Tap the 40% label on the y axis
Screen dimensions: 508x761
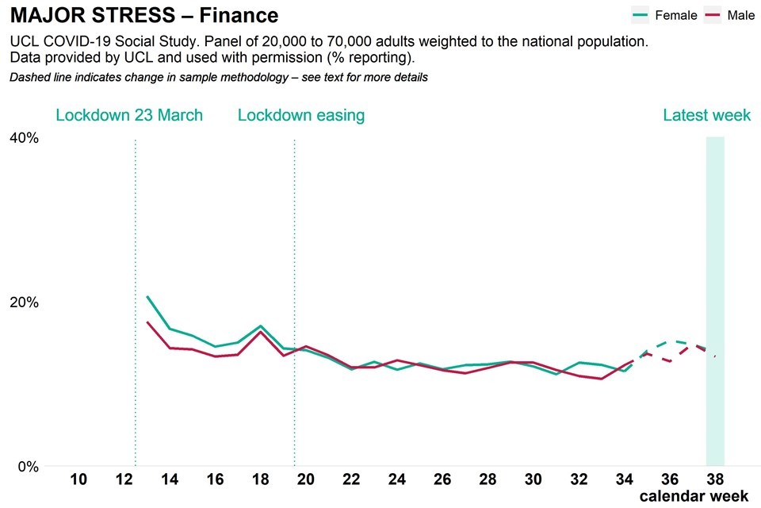coord(23,138)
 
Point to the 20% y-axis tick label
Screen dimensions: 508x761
coord(23,302)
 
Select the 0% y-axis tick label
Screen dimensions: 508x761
coord(27,467)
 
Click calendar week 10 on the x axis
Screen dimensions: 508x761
coord(78,479)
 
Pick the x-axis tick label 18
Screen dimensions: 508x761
coord(261,479)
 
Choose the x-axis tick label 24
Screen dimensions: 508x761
coord(397,479)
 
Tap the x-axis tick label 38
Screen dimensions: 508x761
coord(716,479)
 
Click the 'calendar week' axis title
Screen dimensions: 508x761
coord(694,496)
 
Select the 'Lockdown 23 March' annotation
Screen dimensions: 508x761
coord(129,115)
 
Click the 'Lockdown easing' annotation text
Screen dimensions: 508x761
coord(301,115)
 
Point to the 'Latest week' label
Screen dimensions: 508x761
coord(706,115)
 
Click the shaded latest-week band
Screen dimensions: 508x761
coord(715,302)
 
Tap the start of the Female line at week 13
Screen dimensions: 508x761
coord(147,296)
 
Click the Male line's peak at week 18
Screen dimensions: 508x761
coord(261,332)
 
